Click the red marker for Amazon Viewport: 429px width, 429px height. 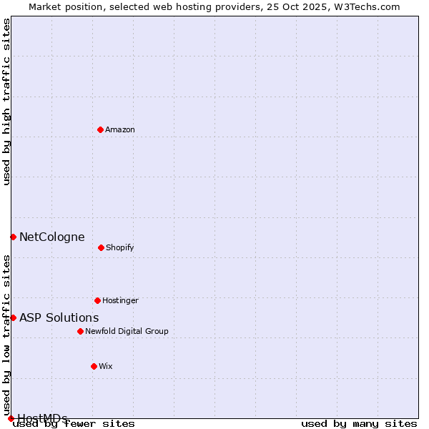pos(100,129)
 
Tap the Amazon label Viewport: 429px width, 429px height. pos(120,130)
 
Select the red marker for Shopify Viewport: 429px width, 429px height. pos(101,247)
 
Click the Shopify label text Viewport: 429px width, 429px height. pos(120,248)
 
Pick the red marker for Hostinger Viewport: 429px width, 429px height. pos(97,300)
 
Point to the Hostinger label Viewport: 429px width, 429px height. pos(120,301)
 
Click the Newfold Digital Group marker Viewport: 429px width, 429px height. pos(80,331)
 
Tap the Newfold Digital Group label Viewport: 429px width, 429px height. pos(127,332)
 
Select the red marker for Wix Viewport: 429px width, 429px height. pos(94,366)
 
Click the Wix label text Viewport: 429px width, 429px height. pos(106,367)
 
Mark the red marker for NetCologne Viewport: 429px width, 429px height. pos(13,237)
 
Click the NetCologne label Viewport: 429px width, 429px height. pos(51,237)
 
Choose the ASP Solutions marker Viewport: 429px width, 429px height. pos(13,317)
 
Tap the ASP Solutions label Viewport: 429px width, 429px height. pos(59,318)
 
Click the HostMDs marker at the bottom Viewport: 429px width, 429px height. pos(11,418)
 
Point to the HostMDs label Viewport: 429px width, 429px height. pos(43,418)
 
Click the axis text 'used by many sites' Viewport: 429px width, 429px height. pos(359,424)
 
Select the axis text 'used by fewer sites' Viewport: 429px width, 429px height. pos(74,424)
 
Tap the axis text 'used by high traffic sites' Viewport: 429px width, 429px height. pos(7,102)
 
